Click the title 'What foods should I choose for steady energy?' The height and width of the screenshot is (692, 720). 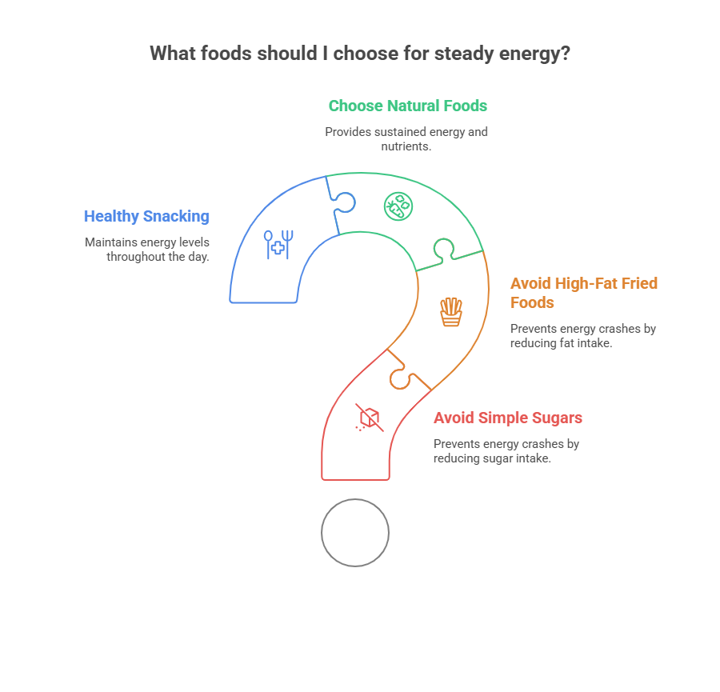[x=360, y=54]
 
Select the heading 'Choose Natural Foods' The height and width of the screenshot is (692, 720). [x=407, y=106]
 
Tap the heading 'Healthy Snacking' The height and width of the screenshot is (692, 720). [x=146, y=216]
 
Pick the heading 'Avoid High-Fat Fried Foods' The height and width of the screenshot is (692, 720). [x=583, y=293]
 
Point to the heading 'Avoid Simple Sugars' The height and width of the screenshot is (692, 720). [x=507, y=418]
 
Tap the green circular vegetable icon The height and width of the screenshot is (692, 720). [x=398, y=206]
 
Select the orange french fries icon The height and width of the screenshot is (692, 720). [x=451, y=311]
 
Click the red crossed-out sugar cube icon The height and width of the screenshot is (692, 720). [x=369, y=418]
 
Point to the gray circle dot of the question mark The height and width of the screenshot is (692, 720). [x=355, y=533]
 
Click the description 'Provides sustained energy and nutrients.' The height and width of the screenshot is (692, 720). [x=406, y=138]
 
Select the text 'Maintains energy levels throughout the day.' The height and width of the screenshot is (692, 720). [x=147, y=249]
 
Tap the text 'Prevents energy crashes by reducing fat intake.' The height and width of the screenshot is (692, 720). [x=582, y=335]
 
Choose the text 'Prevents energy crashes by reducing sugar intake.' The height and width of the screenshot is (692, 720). [x=506, y=450]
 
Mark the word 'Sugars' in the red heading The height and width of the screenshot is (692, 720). [x=558, y=418]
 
